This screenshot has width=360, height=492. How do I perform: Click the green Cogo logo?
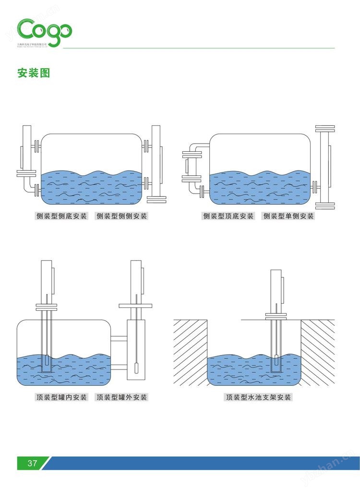tap(45, 30)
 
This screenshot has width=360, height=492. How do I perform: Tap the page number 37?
tap(32, 463)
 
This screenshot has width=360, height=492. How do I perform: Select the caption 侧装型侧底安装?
tap(61, 216)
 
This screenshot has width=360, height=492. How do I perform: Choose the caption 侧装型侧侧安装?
tap(122, 216)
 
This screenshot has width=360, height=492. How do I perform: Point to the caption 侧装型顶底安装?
tap(228, 216)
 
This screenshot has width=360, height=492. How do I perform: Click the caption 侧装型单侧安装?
tap(288, 216)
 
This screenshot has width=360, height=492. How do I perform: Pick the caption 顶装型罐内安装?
tap(61, 397)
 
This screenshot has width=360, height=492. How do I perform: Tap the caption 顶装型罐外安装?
tap(122, 397)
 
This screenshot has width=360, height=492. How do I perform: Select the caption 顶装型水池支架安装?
tap(259, 397)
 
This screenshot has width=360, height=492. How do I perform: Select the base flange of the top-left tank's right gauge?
tap(156, 198)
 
